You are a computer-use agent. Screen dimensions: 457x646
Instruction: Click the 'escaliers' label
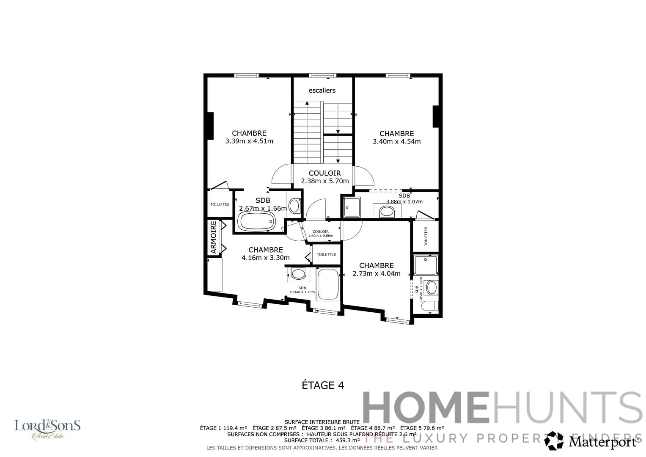(x=322, y=91)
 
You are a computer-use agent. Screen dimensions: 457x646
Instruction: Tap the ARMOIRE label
(x=214, y=237)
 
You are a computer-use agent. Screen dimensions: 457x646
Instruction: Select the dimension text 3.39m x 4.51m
(x=249, y=141)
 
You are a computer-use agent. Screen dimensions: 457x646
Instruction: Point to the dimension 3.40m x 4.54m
(x=396, y=142)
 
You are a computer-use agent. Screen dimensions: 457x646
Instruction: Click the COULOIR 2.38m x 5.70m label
(x=325, y=177)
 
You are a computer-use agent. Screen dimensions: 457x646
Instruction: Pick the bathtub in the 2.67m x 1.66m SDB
(x=256, y=221)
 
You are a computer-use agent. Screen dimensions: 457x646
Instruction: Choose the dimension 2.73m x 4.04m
(x=377, y=274)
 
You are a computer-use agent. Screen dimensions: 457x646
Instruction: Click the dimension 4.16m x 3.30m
(x=266, y=258)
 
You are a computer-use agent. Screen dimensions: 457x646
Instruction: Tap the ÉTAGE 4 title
(x=323, y=385)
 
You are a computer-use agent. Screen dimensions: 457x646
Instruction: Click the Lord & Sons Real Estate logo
(x=47, y=429)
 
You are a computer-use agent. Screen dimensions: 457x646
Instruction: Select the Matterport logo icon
(x=554, y=441)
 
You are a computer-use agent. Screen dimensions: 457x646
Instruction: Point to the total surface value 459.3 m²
(x=347, y=440)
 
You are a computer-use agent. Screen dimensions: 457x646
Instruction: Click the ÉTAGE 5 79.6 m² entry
(x=422, y=428)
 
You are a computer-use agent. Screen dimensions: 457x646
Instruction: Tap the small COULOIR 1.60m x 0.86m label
(x=320, y=234)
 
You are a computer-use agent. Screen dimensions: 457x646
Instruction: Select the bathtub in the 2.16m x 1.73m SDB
(x=328, y=284)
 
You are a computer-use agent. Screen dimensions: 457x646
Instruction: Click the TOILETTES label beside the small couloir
(x=326, y=255)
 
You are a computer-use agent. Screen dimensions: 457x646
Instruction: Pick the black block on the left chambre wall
(x=210, y=126)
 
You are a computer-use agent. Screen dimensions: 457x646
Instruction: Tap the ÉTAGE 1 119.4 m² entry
(x=223, y=428)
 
